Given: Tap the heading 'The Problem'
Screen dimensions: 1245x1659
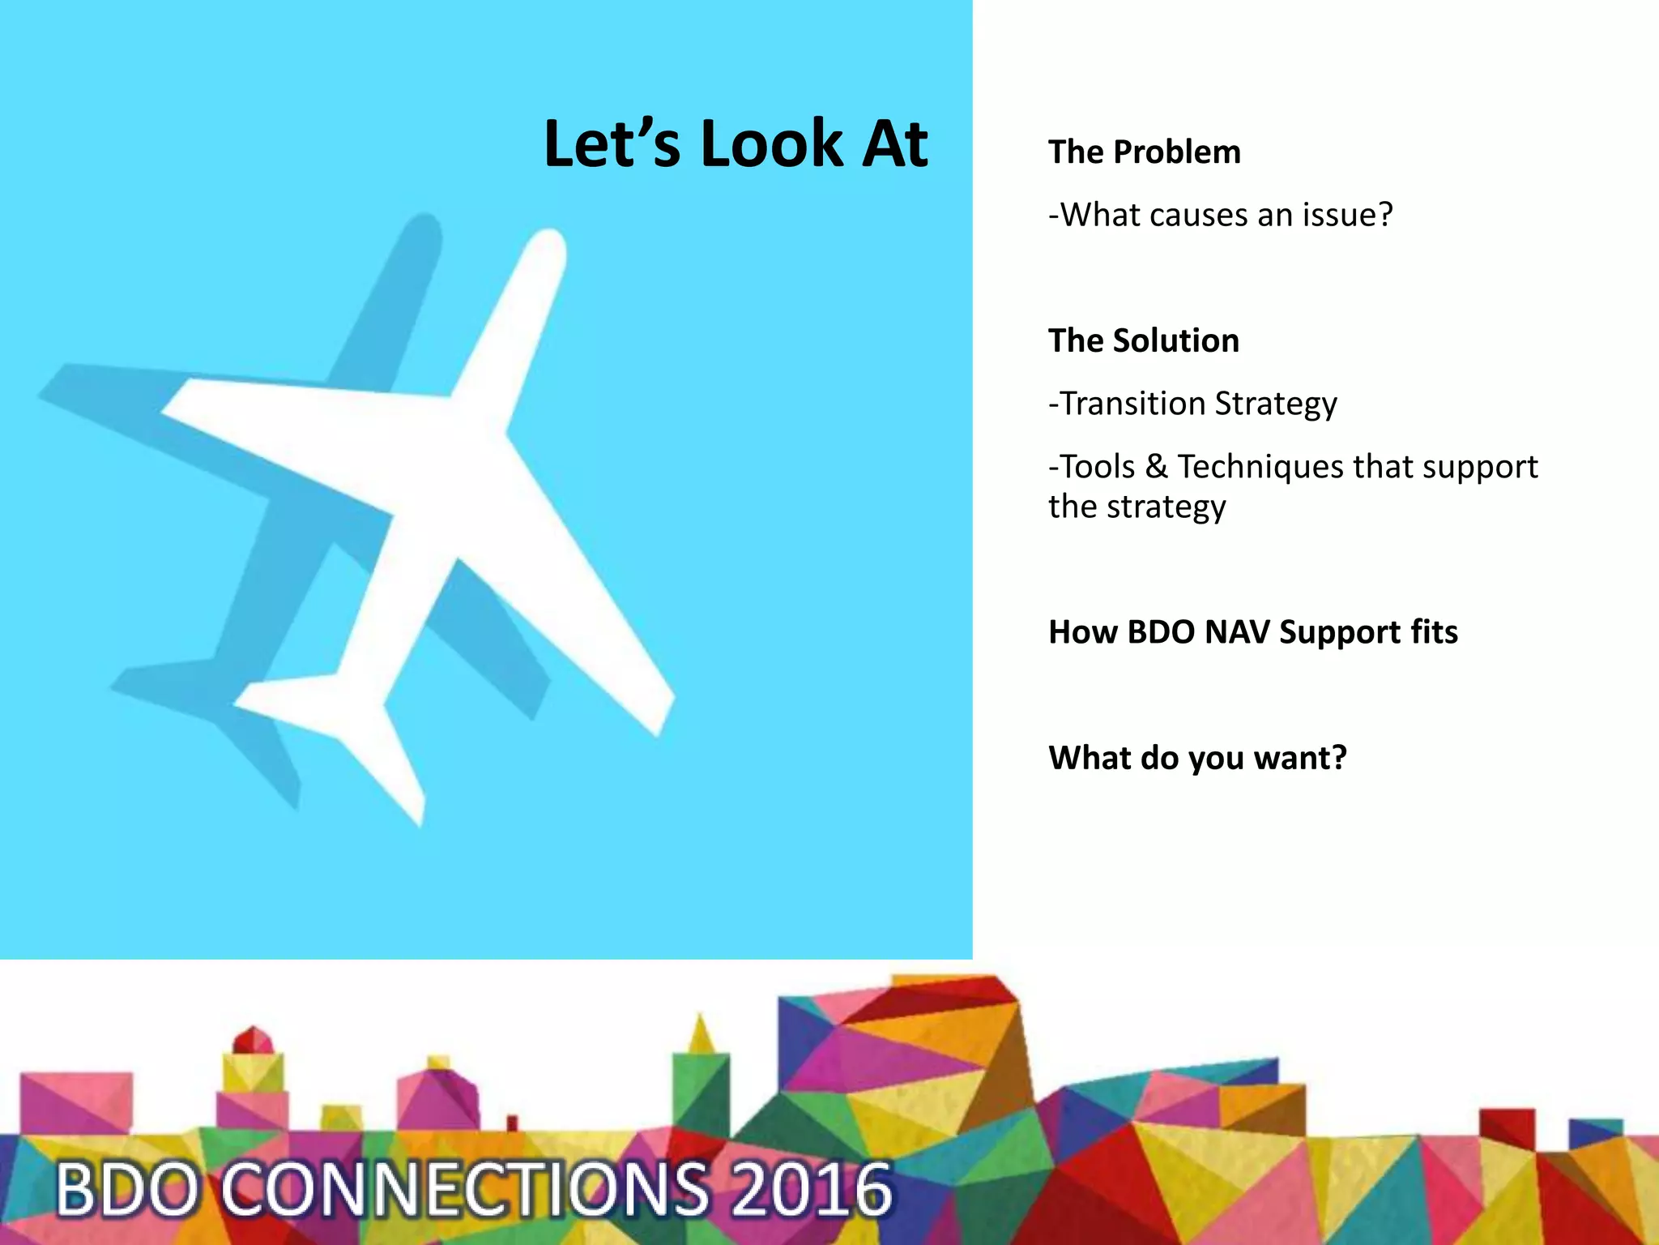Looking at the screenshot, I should tap(1144, 152).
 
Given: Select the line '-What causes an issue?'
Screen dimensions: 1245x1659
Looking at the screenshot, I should tap(1220, 215).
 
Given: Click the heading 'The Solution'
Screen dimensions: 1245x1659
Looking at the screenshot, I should tap(1143, 341).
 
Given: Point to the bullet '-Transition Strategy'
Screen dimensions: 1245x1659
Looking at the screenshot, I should tap(1192, 404).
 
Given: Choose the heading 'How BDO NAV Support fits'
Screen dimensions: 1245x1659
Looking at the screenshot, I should tap(1252, 632).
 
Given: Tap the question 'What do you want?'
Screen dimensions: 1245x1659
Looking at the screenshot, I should tap(1197, 758).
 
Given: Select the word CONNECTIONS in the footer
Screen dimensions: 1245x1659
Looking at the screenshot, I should tap(466, 1190).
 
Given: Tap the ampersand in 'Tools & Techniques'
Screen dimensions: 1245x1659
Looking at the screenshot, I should tap(1156, 467).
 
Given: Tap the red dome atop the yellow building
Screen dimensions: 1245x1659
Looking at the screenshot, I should tap(253, 1040).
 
